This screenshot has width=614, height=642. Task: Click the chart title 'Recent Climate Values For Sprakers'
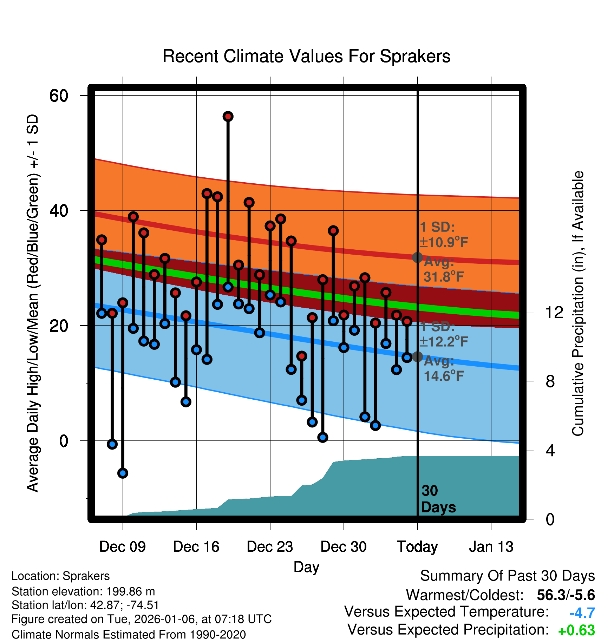coord(306,57)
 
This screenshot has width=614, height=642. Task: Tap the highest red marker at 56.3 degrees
coord(228,117)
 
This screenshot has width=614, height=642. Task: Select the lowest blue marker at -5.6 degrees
coord(123,473)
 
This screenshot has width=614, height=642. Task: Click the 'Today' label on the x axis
coord(417,547)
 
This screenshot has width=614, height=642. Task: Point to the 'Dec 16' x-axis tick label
coord(196,547)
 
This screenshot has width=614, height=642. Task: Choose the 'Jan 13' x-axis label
coord(491,547)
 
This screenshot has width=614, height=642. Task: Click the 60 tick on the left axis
coord(59,96)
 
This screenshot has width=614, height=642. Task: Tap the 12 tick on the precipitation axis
coord(554,312)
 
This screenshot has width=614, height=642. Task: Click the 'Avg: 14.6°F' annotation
coord(443,369)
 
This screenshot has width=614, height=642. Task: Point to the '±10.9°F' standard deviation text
coord(444,242)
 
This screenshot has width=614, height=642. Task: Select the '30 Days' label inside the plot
coord(438,499)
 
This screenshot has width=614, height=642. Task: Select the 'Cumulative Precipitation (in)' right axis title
coord(578,303)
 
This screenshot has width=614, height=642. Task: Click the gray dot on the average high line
coord(417,257)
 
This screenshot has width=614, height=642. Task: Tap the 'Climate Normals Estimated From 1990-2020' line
coord(129,635)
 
